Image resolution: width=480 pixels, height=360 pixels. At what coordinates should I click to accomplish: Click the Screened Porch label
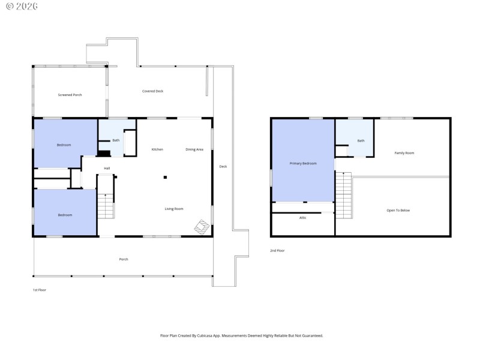(70, 95)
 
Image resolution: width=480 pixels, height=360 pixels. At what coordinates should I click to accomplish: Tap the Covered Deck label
(152, 91)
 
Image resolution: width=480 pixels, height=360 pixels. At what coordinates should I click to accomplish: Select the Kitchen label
(157, 149)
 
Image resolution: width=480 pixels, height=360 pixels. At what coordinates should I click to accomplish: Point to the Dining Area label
(194, 149)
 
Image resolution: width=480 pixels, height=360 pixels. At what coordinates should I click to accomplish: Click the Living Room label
(174, 209)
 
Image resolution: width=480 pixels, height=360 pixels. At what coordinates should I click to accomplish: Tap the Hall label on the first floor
(107, 168)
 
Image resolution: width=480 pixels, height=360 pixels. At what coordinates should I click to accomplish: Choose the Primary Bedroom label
(303, 163)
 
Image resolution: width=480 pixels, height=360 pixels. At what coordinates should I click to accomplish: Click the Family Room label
(404, 153)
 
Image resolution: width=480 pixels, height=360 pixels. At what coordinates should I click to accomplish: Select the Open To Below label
(398, 211)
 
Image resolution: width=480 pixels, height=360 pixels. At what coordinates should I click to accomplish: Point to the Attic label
(303, 218)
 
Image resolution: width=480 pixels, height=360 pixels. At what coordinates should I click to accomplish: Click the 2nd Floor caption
(277, 251)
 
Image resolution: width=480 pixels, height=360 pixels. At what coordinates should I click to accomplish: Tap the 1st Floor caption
(40, 290)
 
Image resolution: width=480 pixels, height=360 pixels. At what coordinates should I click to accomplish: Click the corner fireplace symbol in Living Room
(202, 227)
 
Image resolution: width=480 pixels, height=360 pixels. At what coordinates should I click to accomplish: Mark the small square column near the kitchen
(166, 177)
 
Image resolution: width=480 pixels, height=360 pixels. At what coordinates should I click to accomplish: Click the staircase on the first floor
(106, 206)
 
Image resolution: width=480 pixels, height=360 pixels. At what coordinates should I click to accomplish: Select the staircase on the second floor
(343, 195)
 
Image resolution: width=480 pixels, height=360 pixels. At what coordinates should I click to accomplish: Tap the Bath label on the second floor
(361, 141)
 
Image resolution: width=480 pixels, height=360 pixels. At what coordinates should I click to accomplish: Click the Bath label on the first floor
(116, 140)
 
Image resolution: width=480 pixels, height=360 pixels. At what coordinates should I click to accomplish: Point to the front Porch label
(124, 259)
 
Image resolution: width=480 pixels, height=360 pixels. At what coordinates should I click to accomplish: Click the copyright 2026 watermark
(22, 6)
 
